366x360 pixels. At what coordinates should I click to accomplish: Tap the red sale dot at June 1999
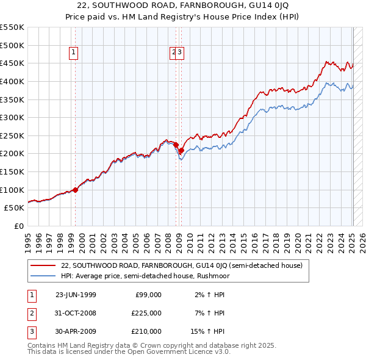[76, 190]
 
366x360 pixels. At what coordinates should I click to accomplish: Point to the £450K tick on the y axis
[12, 63]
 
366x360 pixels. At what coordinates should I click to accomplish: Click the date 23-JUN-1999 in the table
[76, 295]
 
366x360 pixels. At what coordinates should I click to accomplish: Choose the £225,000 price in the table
[147, 313]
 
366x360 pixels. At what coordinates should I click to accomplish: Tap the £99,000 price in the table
[148, 295]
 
